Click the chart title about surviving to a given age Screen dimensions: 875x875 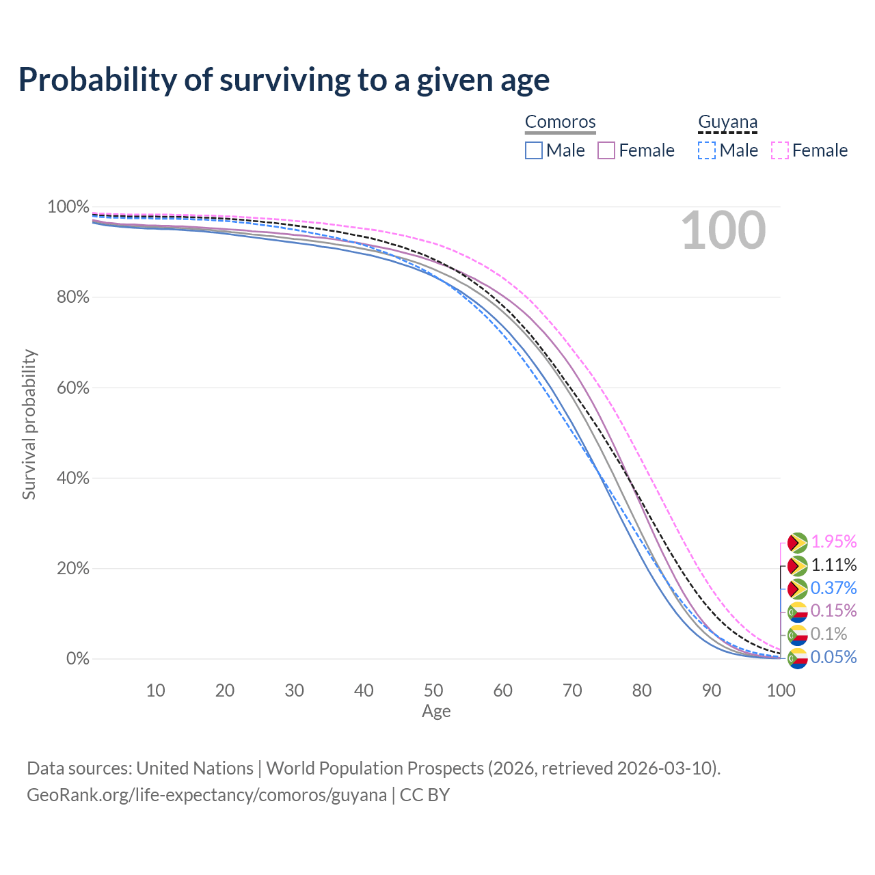(284, 80)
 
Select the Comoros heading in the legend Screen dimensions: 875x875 (560, 122)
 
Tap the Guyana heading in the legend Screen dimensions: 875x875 (727, 122)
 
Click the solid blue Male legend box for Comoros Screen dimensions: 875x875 (533, 150)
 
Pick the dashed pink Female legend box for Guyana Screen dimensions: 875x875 (780, 150)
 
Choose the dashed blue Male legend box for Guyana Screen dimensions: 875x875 (707, 150)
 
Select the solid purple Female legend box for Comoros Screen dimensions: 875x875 (606, 150)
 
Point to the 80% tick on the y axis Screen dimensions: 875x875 (72, 297)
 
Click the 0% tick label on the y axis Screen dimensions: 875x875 (78, 658)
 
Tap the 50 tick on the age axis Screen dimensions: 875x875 (433, 690)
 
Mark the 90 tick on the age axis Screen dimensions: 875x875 (711, 690)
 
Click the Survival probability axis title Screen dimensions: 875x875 (29, 424)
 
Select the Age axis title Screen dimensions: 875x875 (436, 711)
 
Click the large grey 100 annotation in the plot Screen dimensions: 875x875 (723, 230)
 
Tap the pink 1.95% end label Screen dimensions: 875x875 (834, 541)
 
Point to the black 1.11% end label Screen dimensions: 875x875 (834, 565)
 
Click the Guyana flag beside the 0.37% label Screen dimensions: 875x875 (797, 589)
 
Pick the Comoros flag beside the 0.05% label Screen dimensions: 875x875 (797, 658)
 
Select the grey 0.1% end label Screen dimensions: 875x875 (829, 634)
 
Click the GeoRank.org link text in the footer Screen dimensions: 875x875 (206, 795)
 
